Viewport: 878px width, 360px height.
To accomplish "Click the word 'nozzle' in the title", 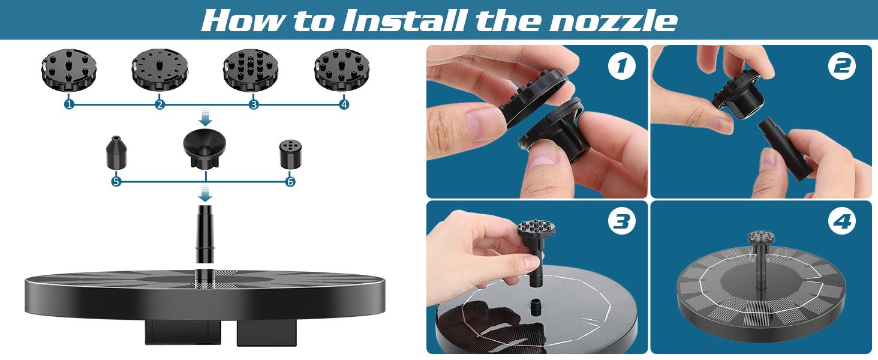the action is (613, 21).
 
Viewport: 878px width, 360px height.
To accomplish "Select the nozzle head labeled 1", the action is (69, 70).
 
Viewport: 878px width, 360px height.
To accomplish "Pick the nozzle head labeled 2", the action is (160, 70).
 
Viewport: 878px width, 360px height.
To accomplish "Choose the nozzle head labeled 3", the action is (251, 70).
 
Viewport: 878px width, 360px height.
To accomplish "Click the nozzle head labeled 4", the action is (342, 70).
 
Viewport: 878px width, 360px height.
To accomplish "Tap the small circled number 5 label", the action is (116, 182).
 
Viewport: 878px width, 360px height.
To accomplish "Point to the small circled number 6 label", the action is (290, 182).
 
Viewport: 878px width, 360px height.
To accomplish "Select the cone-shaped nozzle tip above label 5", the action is (116, 152).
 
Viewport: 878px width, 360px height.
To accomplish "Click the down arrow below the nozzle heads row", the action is (205, 118).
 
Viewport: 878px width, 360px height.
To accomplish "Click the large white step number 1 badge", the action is (622, 66).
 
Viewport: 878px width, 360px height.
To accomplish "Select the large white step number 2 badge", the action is (842, 66).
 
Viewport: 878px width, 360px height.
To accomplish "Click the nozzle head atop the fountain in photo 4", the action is (761, 237).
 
